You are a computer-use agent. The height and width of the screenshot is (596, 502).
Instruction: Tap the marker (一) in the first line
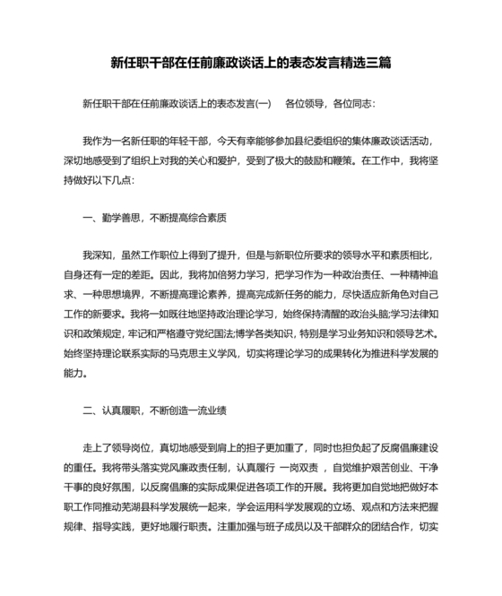[x=263, y=104]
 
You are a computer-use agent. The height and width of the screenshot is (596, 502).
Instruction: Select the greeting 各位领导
[x=303, y=104]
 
